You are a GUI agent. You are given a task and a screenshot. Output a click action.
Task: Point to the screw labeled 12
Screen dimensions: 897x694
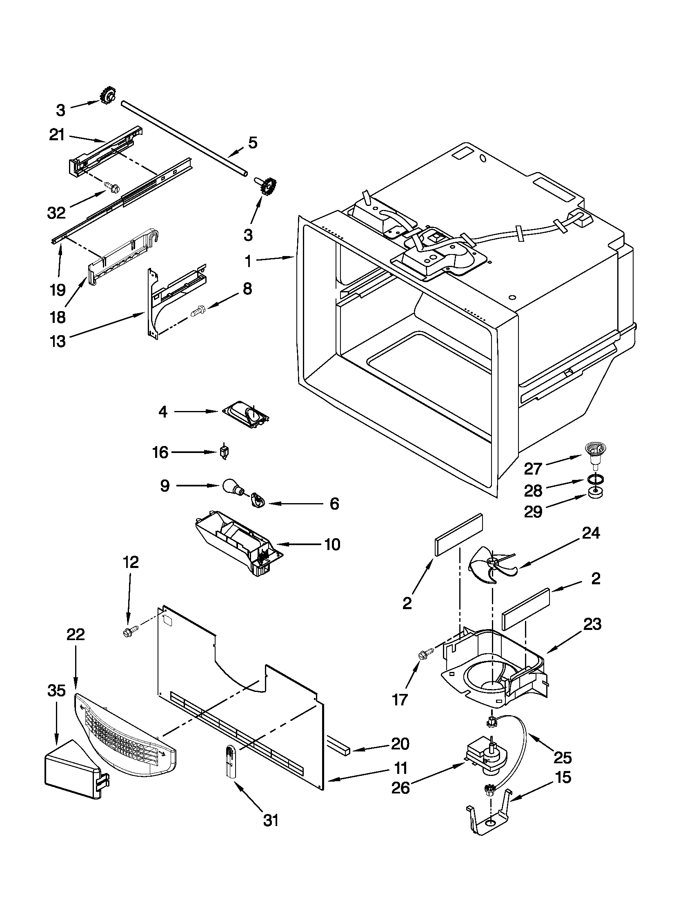[x=129, y=633]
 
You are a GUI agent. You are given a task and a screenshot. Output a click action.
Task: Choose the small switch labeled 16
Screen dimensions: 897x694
[x=225, y=452]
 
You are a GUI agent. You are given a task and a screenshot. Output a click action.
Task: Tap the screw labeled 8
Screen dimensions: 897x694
[x=200, y=314]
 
